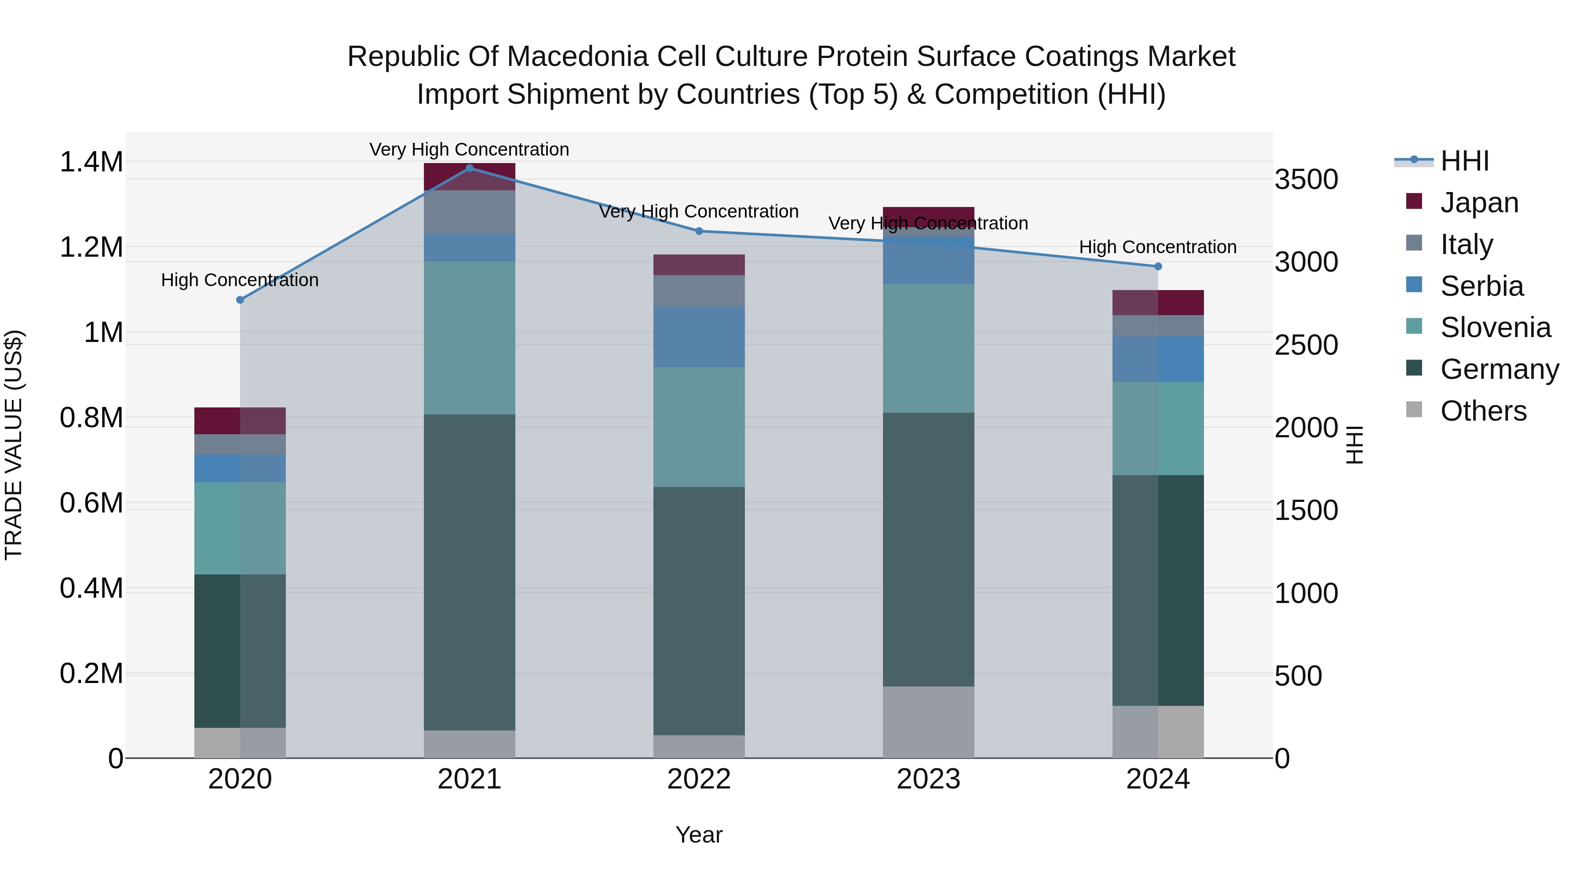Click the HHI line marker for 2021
(470, 168)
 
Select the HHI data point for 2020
(240, 300)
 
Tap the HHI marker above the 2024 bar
(1158, 266)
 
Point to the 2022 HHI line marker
(699, 231)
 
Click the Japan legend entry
(1478, 203)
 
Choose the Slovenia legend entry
(1495, 327)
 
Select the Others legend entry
(1482, 411)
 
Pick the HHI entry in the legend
(1464, 161)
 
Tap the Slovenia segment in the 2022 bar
(699, 427)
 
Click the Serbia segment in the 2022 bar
(699, 337)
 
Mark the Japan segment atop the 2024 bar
(1158, 302)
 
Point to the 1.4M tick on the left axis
(91, 162)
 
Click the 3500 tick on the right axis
(1306, 179)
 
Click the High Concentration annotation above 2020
(240, 280)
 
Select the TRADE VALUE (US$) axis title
(14, 445)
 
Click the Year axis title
(699, 835)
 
